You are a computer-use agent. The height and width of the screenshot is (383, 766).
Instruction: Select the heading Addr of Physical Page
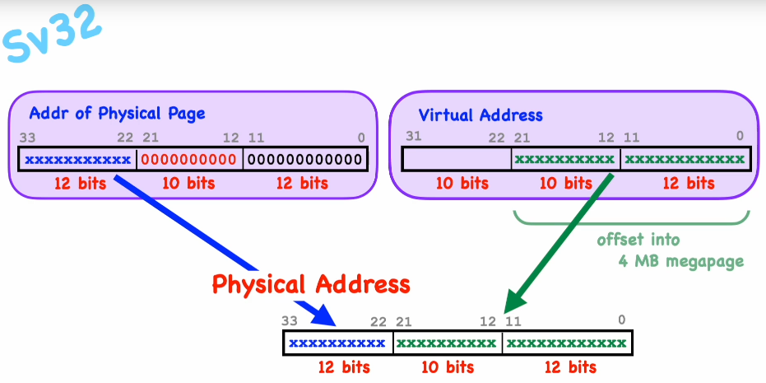click(x=117, y=114)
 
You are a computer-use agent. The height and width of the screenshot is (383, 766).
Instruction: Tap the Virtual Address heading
click(x=480, y=115)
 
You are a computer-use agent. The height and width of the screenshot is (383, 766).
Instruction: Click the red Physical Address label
click(x=311, y=284)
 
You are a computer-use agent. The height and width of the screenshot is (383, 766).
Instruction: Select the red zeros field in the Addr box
click(x=189, y=158)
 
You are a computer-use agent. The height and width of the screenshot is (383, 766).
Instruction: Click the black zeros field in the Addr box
click(x=305, y=158)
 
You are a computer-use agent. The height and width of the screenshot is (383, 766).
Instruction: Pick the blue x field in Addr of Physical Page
click(x=77, y=158)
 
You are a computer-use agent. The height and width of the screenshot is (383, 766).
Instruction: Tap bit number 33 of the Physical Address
click(x=290, y=321)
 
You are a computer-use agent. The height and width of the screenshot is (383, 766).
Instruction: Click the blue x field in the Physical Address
click(x=337, y=343)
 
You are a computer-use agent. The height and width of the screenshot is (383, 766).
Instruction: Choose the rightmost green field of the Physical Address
click(x=568, y=343)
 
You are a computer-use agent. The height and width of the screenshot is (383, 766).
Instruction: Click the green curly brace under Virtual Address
click(x=632, y=219)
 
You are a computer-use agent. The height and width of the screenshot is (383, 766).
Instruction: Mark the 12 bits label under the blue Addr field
click(x=81, y=183)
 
